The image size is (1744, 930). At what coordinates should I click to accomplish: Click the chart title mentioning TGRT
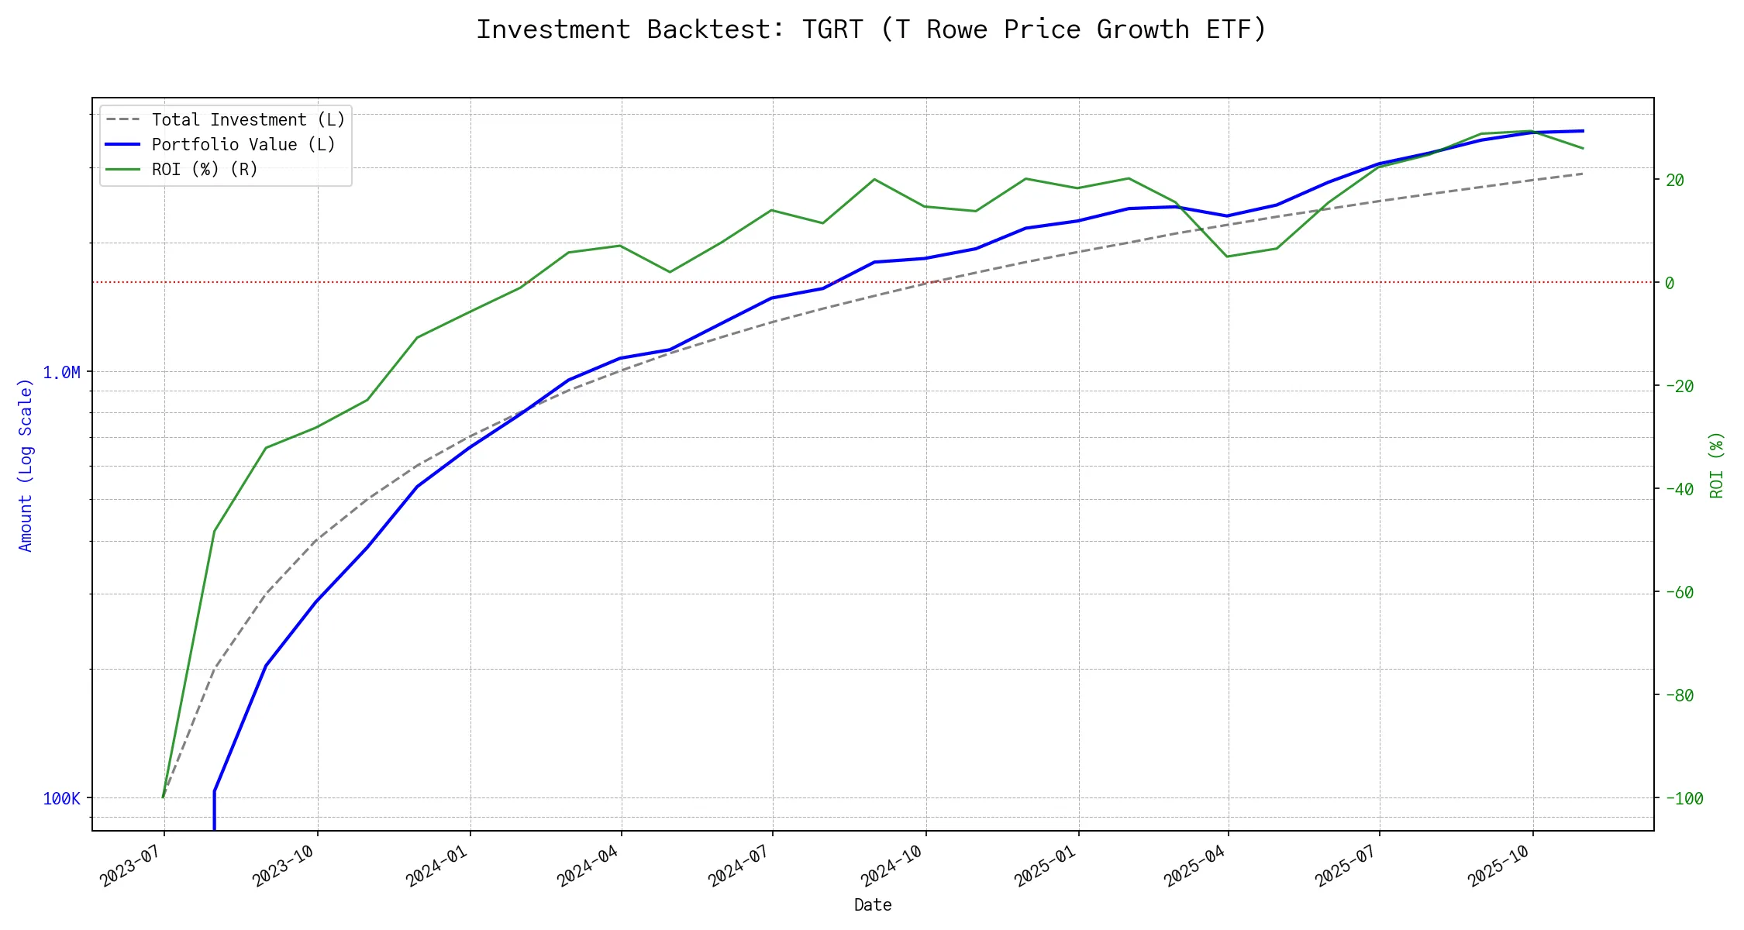tap(871, 29)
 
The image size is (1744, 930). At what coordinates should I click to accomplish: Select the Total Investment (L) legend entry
tap(247, 120)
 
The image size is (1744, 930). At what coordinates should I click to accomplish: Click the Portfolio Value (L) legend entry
tap(243, 145)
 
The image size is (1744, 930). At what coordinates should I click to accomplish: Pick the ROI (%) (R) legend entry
tap(204, 170)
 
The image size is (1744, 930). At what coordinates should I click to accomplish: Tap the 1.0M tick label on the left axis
tap(61, 373)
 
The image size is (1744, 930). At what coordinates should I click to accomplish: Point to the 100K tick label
tap(61, 799)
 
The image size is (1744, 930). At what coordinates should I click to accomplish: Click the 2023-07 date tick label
tap(130, 866)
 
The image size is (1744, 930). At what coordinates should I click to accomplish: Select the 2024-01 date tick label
tap(436, 866)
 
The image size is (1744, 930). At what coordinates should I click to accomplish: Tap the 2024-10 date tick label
tap(892, 866)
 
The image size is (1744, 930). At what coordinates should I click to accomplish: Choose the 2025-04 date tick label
tap(1194, 866)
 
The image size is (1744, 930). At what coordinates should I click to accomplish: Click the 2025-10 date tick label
tap(1499, 866)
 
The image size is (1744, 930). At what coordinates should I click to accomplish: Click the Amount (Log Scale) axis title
tap(26, 465)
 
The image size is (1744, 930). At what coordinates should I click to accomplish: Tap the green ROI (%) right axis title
tap(1716, 465)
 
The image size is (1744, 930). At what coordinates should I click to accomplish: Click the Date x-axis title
tap(873, 905)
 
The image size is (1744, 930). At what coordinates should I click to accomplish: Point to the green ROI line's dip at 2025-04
tap(1227, 257)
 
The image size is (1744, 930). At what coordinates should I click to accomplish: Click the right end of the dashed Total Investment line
tap(1582, 174)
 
